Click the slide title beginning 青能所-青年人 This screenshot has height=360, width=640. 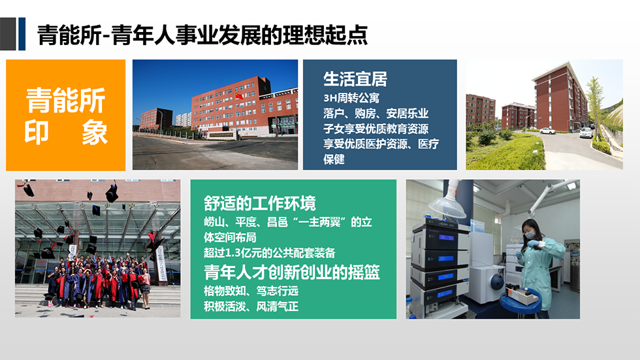pos(202,35)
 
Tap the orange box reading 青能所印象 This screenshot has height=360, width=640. pos(66,115)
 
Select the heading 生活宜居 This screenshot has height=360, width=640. pos(355,79)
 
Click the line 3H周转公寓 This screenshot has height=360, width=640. pos(351,99)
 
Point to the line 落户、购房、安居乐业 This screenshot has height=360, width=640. pos(376,114)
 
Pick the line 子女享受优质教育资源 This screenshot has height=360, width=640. pos(376,129)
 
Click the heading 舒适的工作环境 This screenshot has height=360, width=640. pos(260,203)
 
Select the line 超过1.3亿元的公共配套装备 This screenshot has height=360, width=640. pos(269,253)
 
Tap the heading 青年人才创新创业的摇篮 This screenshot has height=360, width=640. pos(292,272)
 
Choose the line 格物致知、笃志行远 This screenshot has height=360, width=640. pos(251,291)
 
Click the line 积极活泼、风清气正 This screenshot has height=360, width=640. pos(251,306)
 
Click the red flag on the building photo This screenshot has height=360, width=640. pos(239,96)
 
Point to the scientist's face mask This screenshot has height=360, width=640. pos(530,235)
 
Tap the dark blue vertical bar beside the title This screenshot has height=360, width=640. pos(22,34)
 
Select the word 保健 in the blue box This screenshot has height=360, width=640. pos(334,159)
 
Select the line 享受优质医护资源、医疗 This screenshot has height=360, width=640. pos(381,144)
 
